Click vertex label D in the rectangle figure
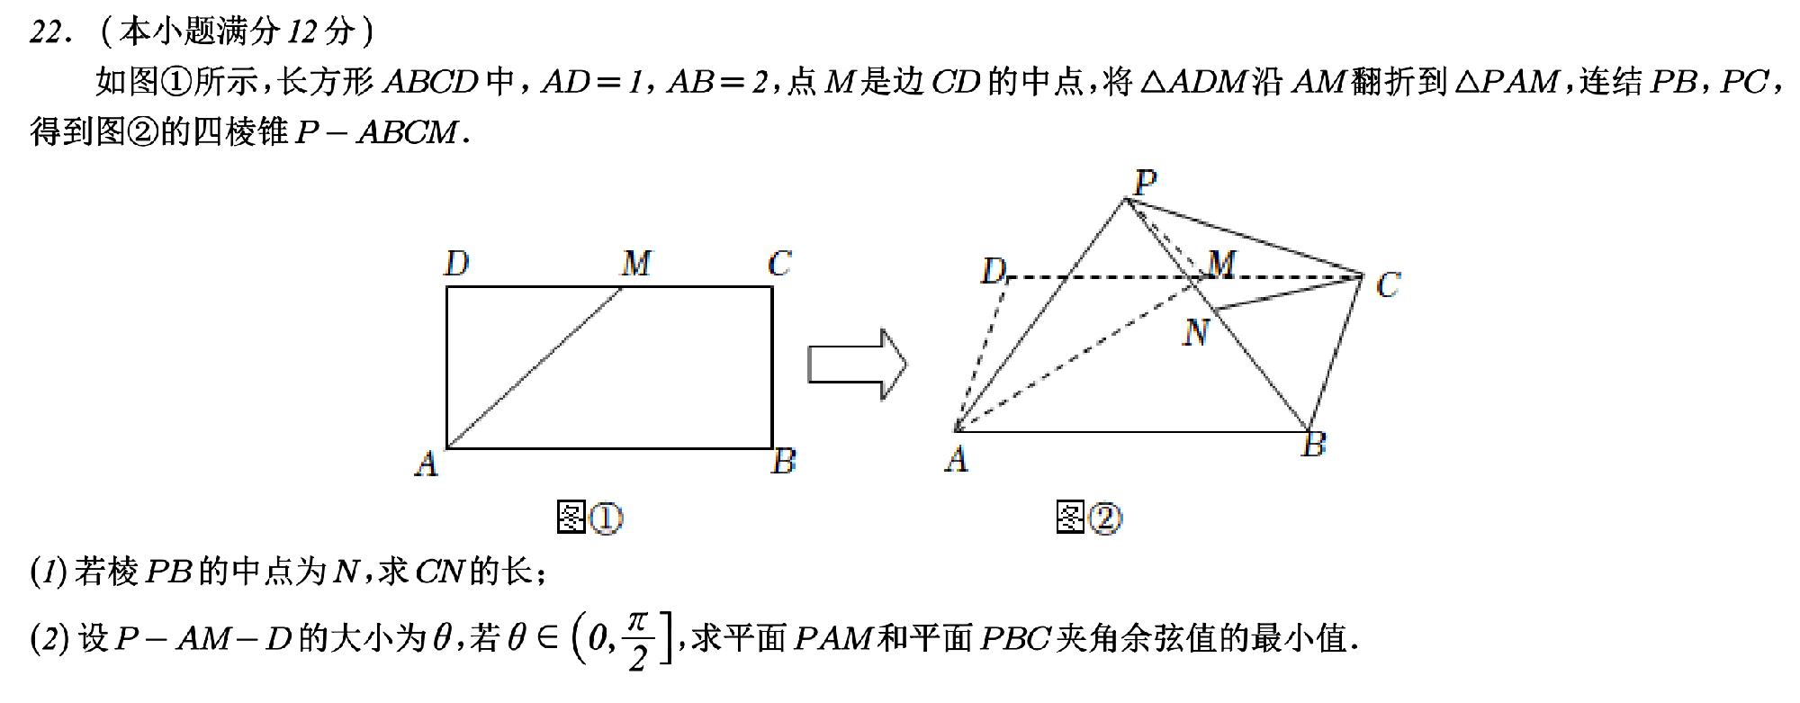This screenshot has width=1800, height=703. pos(456,264)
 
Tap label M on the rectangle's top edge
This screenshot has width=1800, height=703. pos(636,264)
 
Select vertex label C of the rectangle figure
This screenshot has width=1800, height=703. pos(779,264)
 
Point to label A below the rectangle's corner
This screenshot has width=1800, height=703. pos(427,464)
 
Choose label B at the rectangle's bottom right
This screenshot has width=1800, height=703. pos(784,461)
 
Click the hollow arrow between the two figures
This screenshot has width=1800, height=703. pos(857,365)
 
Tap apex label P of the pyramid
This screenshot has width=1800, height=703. pos(1145,184)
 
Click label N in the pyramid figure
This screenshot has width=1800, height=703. pos(1196,333)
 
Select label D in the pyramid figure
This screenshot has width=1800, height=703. pos(993,270)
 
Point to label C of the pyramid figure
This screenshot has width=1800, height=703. pos(1388,285)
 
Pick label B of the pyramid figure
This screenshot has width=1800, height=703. pos(1314,445)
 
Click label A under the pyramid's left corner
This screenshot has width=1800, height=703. pos(957,460)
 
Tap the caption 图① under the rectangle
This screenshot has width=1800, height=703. pos(590,518)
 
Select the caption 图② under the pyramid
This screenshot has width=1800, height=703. pos(1089,518)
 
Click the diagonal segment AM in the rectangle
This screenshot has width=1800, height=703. pos(535,367)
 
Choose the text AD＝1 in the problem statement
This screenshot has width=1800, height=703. pos(593,83)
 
